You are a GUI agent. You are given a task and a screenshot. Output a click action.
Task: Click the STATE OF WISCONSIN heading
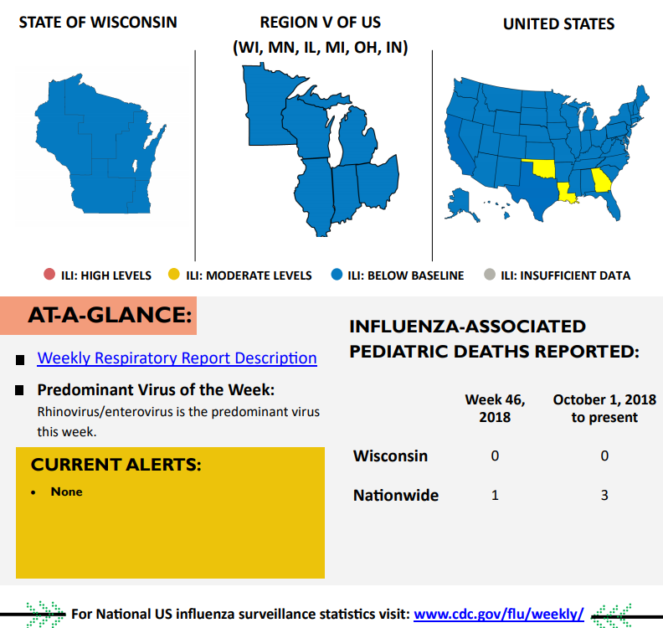[x=98, y=23]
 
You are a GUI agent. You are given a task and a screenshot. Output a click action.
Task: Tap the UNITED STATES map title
[x=558, y=23]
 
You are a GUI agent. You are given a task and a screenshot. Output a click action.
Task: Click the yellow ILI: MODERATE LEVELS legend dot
[x=173, y=275]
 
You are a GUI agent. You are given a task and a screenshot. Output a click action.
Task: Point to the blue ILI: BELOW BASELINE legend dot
[x=337, y=275]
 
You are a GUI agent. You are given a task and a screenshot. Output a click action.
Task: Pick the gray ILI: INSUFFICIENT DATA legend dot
[x=490, y=275]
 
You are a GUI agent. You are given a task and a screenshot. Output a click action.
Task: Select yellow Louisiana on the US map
[x=567, y=193]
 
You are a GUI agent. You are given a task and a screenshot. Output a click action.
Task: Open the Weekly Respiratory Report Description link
[x=177, y=358]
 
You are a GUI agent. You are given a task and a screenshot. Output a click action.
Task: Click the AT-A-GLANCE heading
[x=110, y=315]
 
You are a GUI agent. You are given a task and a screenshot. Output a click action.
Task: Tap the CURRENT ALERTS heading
[x=116, y=465]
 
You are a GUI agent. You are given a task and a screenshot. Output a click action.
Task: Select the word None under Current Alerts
[x=66, y=492]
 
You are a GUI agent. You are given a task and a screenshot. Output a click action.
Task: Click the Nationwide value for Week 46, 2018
[x=495, y=496]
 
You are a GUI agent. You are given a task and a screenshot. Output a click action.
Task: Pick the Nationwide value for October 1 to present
[x=604, y=496]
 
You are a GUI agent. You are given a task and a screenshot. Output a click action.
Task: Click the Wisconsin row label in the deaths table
[x=390, y=456]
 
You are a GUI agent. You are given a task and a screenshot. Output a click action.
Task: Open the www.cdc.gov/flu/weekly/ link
[x=499, y=614]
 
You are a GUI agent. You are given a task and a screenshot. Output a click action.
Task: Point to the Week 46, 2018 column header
[x=495, y=408]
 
